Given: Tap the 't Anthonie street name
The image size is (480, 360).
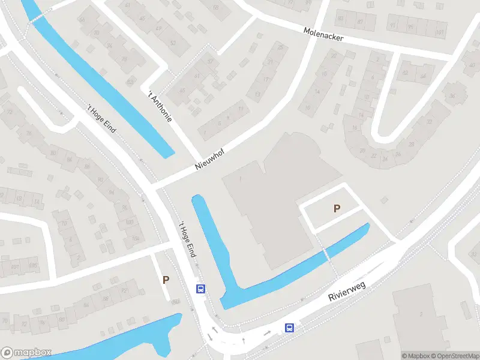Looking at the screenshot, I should (160, 106).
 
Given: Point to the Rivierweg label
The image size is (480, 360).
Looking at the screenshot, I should (347, 290).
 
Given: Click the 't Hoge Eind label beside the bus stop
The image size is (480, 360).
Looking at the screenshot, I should (187, 240).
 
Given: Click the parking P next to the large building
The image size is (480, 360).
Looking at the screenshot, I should (337, 209).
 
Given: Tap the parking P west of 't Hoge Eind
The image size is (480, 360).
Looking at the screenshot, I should (166, 280).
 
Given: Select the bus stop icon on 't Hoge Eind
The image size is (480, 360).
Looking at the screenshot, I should (200, 289).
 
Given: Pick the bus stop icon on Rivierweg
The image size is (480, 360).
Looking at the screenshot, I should (289, 328).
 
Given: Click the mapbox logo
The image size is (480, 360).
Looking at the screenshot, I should (26, 353).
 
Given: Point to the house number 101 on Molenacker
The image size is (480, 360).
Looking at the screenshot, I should (440, 31).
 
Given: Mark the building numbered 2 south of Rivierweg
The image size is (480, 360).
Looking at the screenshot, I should (421, 314).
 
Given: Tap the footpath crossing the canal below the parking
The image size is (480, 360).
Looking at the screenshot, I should (326, 254).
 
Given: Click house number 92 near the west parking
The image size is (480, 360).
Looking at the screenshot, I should (175, 301).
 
